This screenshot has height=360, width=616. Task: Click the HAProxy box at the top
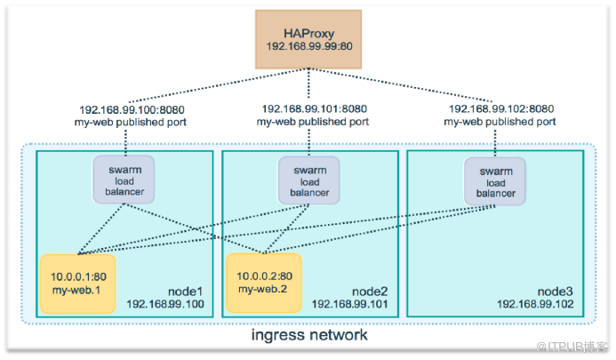click(308, 40)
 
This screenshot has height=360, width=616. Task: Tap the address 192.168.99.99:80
click(309, 46)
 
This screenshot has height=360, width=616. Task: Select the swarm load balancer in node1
click(124, 180)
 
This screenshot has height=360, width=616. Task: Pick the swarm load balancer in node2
click(309, 180)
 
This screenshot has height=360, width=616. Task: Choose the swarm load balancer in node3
click(495, 181)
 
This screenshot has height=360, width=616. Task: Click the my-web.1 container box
click(78, 284)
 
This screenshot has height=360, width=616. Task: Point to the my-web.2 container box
click(264, 283)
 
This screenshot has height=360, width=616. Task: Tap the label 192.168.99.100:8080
click(132, 109)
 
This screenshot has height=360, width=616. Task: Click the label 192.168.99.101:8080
click(315, 108)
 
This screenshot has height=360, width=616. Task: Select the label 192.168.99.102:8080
click(501, 108)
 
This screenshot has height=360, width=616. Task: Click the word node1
click(185, 292)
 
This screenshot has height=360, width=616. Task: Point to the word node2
click(370, 292)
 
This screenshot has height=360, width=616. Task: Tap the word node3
click(555, 292)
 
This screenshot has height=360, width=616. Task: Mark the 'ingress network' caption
click(309, 335)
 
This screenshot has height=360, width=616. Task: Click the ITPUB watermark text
click(572, 347)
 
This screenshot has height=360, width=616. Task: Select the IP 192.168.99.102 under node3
click(535, 304)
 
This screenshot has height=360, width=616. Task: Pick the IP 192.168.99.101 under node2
click(349, 304)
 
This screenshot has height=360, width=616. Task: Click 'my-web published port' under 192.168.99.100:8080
click(131, 123)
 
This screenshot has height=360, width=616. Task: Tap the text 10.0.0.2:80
click(264, 276)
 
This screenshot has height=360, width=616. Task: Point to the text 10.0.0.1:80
click(78, 276)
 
